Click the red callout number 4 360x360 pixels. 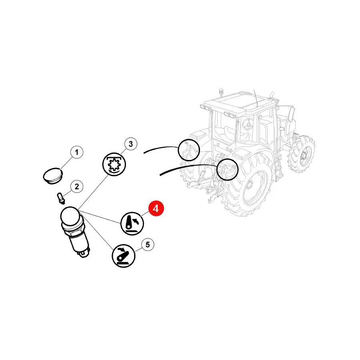tap(156, 209)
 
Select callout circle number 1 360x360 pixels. tap(77, 152)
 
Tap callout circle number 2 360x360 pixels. tap(77, 186)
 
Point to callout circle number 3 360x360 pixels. tap(131, 144)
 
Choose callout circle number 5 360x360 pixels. tap(148, 244)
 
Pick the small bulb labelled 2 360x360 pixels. tap(61, 198)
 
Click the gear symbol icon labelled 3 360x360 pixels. tap(114, 164)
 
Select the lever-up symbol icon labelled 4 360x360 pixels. tap(132, 224)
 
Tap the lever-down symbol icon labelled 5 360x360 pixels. tap(123, 256)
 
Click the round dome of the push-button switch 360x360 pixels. tap(70, 216)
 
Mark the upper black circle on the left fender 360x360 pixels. tap(189, 150)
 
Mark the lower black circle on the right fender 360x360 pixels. tap(228, 170)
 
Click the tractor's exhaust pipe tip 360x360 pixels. tap(272, 94)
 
